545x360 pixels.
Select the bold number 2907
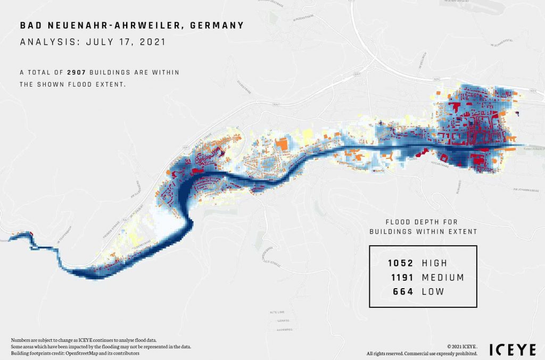tap(77, 72)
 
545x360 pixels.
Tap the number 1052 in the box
tap(401, 263)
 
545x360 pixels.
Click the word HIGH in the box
tap(434, 263)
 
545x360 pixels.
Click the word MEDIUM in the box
tap(443, 278)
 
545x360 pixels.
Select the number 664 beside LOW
tap(404, 292)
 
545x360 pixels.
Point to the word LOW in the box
tap(433, 292)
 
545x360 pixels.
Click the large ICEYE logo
tap(509, 350)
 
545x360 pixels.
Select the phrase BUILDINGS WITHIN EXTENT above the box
tap(423, 231)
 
